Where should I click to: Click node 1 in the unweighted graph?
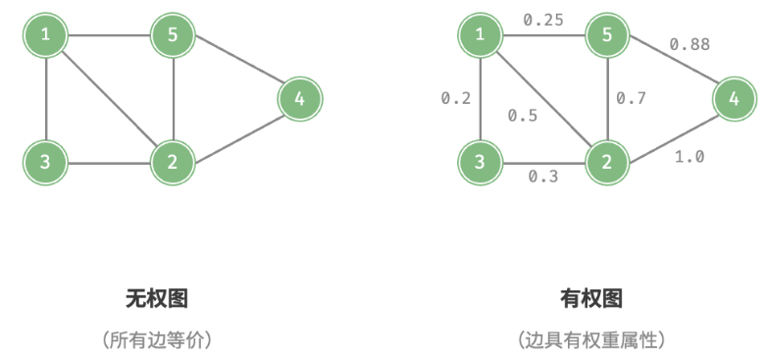click(x=46, y=37)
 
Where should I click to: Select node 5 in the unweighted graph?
click(x=173, y=37)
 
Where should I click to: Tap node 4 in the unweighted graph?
click(x=299, y=98)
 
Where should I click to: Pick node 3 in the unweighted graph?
click(x=46, y=161)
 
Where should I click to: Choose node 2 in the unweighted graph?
click(x=173, y=161)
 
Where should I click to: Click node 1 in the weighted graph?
click(x=481, y=37)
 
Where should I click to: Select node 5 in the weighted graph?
click(x=607, y=37)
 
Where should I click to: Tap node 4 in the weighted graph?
click(x=734, y=98)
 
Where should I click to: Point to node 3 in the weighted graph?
click(x=481, y=161)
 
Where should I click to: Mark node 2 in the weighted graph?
click(x=607, y=161)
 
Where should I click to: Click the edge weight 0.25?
click(x=542, y=20)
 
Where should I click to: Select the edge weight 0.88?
click(x=690, y=44)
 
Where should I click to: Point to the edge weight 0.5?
click(x=522, y=116)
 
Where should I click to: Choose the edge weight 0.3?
click(x=543, y=178)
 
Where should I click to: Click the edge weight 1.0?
click(x=690, y=156)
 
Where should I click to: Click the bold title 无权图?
click(x=156, y=298)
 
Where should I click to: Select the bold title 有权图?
click(x=590, y=298)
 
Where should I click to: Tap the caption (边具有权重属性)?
click(x=590, y=340)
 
